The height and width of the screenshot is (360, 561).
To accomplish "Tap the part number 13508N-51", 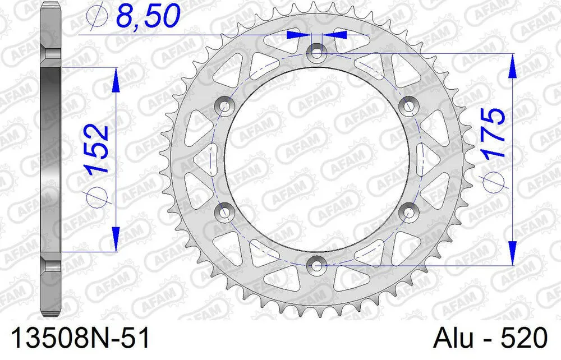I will click(x=75, y=339).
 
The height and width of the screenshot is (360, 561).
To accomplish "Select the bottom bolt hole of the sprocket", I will click(x=316, y=264).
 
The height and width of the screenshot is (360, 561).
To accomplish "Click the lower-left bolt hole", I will click(x=226, y=211).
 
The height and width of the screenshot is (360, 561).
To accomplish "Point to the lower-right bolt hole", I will click(x=407, y=211).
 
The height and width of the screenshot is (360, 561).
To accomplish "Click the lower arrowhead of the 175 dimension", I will click(x=511, y=251).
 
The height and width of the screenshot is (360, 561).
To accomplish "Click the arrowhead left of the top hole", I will click(x=297, y=35).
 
